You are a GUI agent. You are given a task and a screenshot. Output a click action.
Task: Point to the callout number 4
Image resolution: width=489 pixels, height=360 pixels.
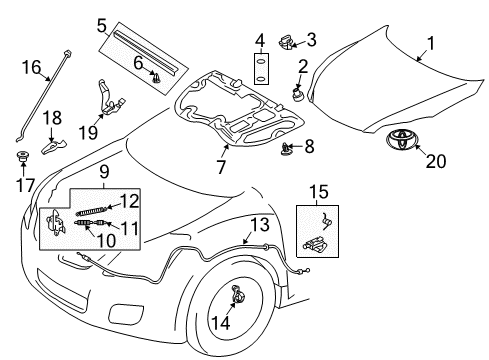pyautogui.click(x=258, y=41)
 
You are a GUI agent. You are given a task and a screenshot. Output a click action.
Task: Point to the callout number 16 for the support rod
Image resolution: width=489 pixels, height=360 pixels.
pyautogui.click(x=31, y=67)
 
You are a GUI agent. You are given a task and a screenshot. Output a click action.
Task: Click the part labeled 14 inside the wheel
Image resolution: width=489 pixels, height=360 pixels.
pyautogui.click(x=238, y=322)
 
